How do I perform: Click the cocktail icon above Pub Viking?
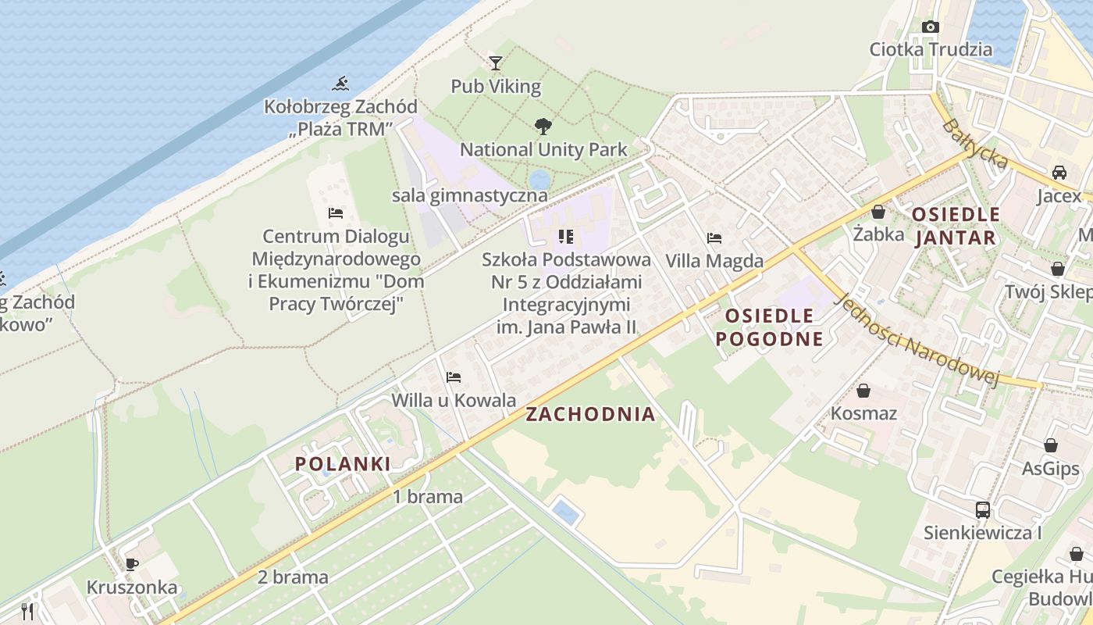coord(496,62)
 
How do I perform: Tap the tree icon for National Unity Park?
coord(543,126)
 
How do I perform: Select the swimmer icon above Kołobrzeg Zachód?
coord(340,84)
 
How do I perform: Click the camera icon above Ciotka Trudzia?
coord(930,27)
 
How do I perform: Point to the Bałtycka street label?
coord(975,145)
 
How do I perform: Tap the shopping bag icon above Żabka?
coord(878,212)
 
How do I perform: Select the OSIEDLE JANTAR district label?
coord(955,226)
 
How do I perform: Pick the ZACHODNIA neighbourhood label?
coord(590,415)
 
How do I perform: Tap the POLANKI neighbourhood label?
coord(343,464)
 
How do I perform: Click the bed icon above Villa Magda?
coord(714,238)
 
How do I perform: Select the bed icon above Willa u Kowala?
coord(454,377)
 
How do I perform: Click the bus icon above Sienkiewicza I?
coord(983,510)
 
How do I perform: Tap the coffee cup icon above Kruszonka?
coord(132,564)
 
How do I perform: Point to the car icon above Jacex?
coord(1059,173)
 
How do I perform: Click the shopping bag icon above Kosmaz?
coord(863,391)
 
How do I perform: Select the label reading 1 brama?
coord(427,497)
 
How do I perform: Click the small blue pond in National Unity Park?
coord(539,179)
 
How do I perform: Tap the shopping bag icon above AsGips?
coord(1051,446)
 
